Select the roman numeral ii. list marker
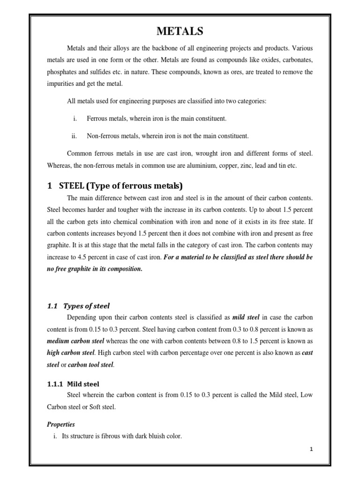click(x=74, y=136)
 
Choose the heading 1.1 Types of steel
click(x=78, y=306)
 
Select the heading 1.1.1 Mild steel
click(x=73, y=383)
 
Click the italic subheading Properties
click(x=61, y=424)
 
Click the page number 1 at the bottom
click(x=311, y=450)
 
